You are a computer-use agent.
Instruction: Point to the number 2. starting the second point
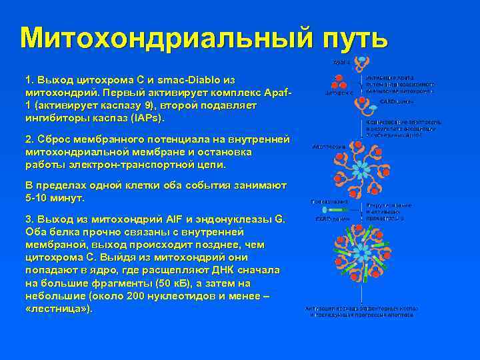29,139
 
